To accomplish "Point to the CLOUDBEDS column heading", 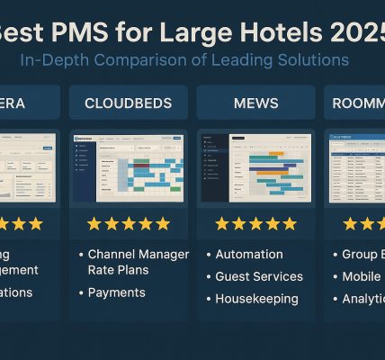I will click(128, 103).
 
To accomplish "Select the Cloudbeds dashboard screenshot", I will click(128, 167).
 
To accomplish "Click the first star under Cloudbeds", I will click(94, 223).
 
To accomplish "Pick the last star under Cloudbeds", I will click(163, 223).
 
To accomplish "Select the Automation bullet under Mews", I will click(249, 255).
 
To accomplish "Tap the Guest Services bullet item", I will click(259, 276).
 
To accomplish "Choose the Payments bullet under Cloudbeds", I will click(117, 292).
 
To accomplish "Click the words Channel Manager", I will click(139, 255).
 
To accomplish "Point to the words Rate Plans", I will click(119, 269).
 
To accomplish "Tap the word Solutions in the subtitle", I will click(314, 61).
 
